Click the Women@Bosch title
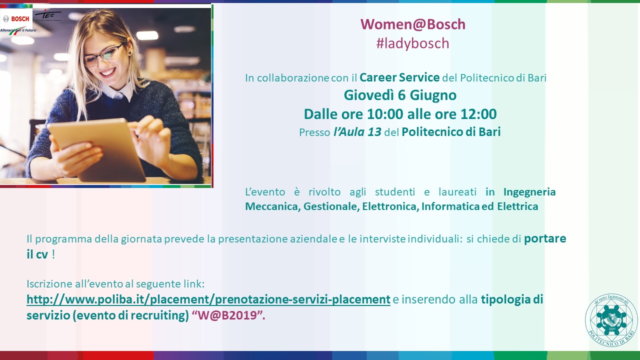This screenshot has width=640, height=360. coord(413,24)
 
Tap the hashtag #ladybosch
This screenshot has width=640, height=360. coord(413,43)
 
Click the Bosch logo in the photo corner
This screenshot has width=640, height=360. coord(16,19)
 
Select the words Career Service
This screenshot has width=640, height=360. coord(399,77)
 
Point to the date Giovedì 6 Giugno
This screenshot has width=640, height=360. coord(400,95)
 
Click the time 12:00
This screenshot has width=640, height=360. coord(478,114)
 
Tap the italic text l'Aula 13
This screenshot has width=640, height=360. coord(357,132)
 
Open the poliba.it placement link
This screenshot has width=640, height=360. coord(208,299)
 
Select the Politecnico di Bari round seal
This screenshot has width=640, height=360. coord(611,320)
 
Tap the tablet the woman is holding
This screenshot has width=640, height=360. coord(97,150)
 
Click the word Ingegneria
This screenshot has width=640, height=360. coord(529,192)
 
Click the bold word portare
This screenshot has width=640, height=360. coord(545,239)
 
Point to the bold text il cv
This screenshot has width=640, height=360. coord(37,254)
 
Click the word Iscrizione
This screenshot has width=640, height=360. coord(49,284)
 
